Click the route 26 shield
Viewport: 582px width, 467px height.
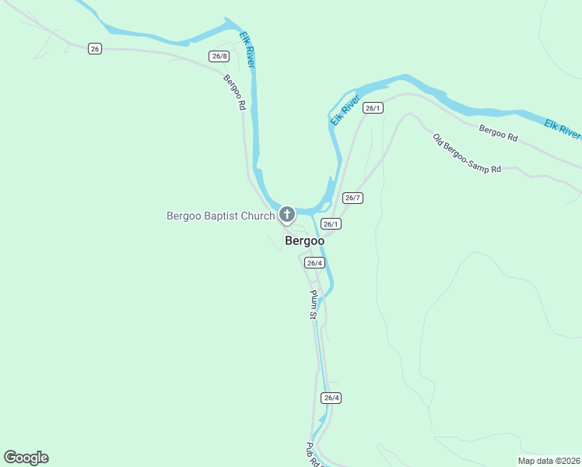[x=95, y=48]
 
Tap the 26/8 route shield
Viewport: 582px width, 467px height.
[x=219, y=56]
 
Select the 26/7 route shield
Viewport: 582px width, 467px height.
[x=352, y=198]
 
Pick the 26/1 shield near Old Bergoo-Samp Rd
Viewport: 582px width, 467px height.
[x=373, y=108]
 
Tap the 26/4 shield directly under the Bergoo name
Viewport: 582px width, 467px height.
[x=314, y=263]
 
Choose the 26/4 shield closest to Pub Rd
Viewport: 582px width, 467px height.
[x=331, y=398]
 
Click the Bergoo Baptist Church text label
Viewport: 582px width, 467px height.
[x=220, y=216]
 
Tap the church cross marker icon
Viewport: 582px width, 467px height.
[x=287, y=214]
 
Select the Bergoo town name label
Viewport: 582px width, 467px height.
[x=304, y=241]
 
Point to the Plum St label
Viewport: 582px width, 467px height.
[x=313, y=304]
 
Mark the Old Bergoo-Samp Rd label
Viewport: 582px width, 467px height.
[x=467, y=153]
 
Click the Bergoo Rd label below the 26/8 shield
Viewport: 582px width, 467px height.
[x=234, y=92]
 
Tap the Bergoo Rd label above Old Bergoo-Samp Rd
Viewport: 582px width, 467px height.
[x=498, y=133]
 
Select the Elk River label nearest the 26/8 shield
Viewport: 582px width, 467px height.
[x=247, y=49]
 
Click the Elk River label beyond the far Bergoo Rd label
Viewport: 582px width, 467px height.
[x=562, y=129]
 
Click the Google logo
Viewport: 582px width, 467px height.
[x=26, y=458]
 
